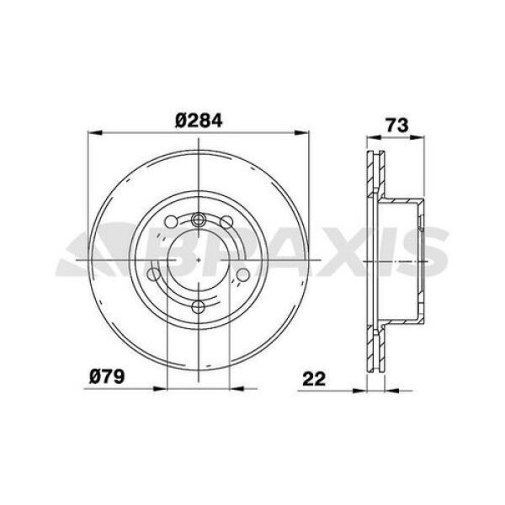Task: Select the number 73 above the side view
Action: click(x=396, y=125)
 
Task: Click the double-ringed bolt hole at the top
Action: click(x=199, y=221)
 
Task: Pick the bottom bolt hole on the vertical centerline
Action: click(x=199, y=306)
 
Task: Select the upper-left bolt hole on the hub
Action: click(x=172, y=222)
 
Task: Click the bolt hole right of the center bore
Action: click(x=243, y=274)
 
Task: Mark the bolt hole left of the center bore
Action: click(x=154, y=274)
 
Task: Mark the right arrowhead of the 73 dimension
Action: click(x=419, y=138)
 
